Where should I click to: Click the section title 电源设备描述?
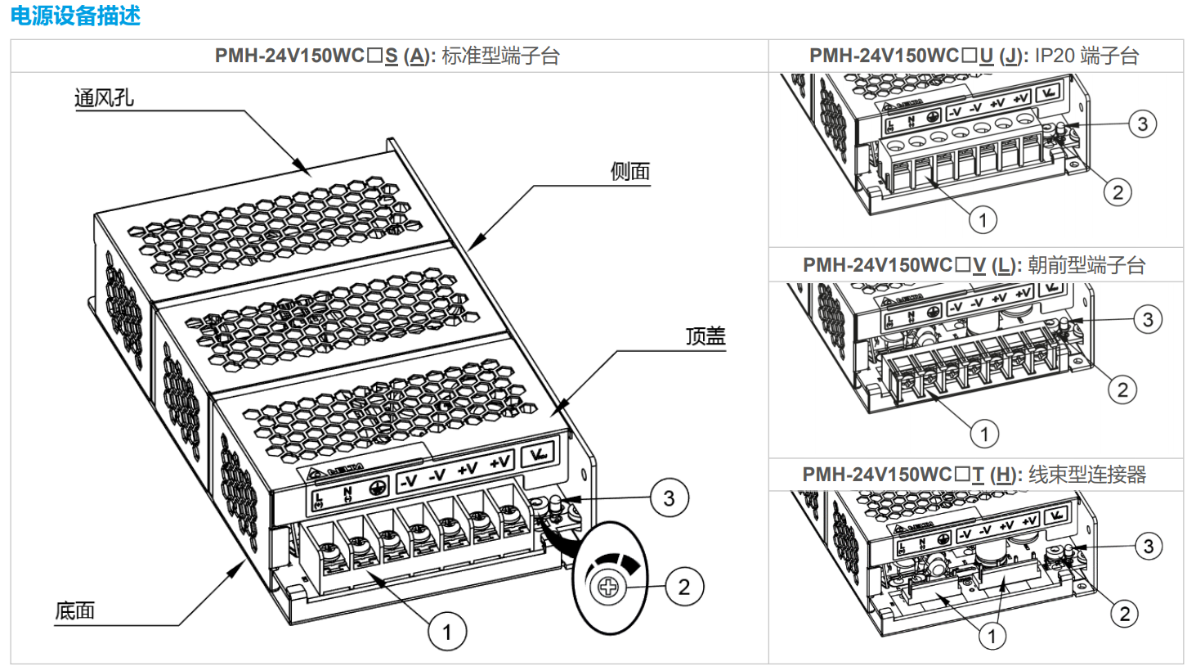tap(75, 16)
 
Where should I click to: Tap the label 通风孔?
tap(104, 98)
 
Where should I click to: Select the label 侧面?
tap(629, 171)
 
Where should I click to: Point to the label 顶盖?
tap(705, 335)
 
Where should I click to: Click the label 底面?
tap(75, 610)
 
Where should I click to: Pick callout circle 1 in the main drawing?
tap(447, 632)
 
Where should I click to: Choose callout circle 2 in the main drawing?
tap(683, 587)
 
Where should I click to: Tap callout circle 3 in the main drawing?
tap(669, 498)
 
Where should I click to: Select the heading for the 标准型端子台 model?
tap(387, 56)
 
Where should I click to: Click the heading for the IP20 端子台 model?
tap(974, 56)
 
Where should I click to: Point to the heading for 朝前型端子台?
tap(974, 265)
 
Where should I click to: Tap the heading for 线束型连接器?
tap(974, 475)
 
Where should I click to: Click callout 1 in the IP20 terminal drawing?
tap(983, 219)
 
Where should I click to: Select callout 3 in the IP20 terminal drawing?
tap(1142, 124)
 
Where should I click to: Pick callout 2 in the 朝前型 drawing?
tap(1122, 390)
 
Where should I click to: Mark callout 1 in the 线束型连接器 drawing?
tap(992, 636)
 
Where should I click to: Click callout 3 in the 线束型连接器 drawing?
tap(1149, 546)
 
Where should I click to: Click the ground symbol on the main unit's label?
tap(378, 487)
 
